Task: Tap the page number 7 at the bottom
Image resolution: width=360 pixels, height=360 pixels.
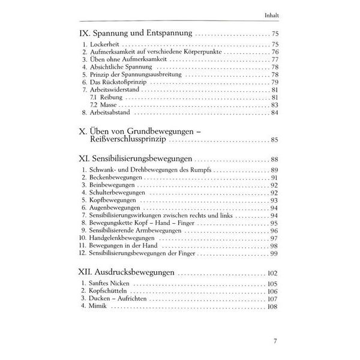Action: click(274, 343)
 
